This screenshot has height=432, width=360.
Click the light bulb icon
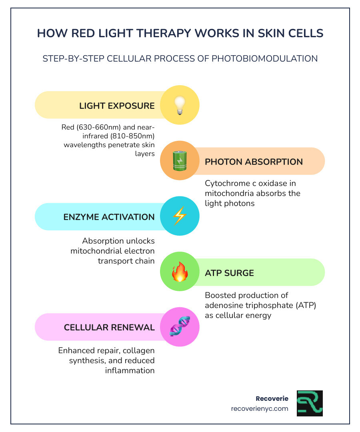click(x=179, y=106)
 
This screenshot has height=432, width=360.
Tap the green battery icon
click(x=179, y=161)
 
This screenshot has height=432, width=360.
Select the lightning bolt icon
click(x=179, y=216)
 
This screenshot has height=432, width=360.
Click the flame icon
click(x=179, y=272)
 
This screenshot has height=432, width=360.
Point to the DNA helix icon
click(x=179, y=327)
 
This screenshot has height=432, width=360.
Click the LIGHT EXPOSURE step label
click(x=117, y=106)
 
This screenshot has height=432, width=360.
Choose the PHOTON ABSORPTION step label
click(x=254, y=162)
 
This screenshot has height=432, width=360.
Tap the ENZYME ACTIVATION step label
click(x=109, y=217)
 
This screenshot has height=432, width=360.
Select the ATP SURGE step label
click(x=229, y=273)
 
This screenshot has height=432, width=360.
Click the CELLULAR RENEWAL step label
click(x=109, y=328)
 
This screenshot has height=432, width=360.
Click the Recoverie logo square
click(x=310, y=403)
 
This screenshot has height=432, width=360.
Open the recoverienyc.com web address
click(x=260, y=409)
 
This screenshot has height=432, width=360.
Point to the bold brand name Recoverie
click(x=272, y=399)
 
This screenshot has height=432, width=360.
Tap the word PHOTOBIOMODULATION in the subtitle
click(x=264, y=58)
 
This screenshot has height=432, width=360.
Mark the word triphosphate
click(x=270, y=306)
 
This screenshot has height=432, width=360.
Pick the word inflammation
click(x=130, y=370)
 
